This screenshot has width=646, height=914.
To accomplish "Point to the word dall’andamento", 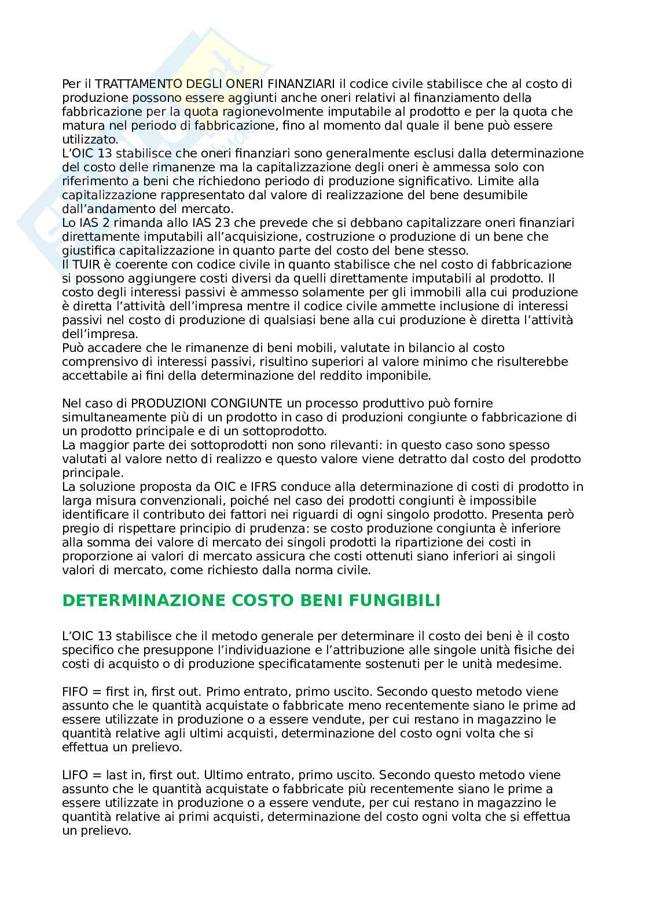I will pos(100,209).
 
